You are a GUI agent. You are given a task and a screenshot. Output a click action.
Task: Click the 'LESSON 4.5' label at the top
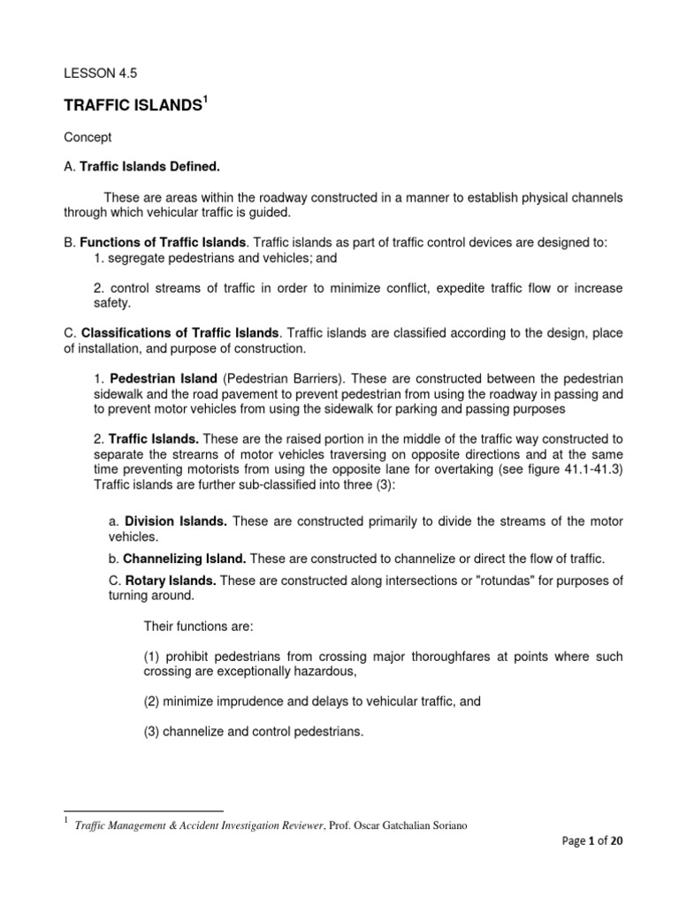click(97, 76)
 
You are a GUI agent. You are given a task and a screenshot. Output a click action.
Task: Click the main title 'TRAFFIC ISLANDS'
click(133, 106)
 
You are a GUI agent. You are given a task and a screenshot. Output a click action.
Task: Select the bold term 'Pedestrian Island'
click(164, 379)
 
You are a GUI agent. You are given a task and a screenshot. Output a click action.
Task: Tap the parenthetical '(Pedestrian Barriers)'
click(279, 379)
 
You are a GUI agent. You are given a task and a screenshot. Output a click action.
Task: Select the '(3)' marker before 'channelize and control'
click(155, 732)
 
